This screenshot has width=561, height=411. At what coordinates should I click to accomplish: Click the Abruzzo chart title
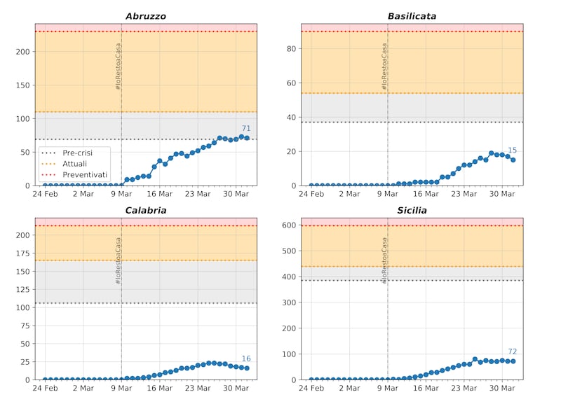146,16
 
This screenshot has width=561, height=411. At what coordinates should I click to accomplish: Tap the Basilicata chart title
412,16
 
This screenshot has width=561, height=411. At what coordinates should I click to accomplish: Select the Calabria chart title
146,210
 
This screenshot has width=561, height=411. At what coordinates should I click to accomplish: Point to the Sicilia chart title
412,210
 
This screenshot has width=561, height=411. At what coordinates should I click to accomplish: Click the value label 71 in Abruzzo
246,129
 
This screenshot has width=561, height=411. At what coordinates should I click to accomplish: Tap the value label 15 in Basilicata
512,151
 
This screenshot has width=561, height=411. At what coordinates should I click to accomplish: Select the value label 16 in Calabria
246,358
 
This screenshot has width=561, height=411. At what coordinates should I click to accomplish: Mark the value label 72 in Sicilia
512,351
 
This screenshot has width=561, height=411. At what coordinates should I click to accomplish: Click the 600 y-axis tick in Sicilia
289,225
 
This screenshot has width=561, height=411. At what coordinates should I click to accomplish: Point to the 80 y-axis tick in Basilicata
292,48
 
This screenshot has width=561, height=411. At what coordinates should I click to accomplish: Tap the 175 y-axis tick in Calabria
23,253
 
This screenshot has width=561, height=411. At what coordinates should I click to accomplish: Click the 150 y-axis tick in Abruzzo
23,85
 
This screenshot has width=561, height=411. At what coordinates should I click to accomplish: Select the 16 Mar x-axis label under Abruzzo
160,194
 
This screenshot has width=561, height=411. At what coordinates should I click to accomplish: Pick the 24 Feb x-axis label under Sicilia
311,388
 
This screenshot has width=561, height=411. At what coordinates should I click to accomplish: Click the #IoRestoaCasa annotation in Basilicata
384,67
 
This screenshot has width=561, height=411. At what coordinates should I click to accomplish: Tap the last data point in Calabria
247,368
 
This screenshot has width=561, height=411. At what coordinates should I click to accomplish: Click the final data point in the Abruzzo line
247,138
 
